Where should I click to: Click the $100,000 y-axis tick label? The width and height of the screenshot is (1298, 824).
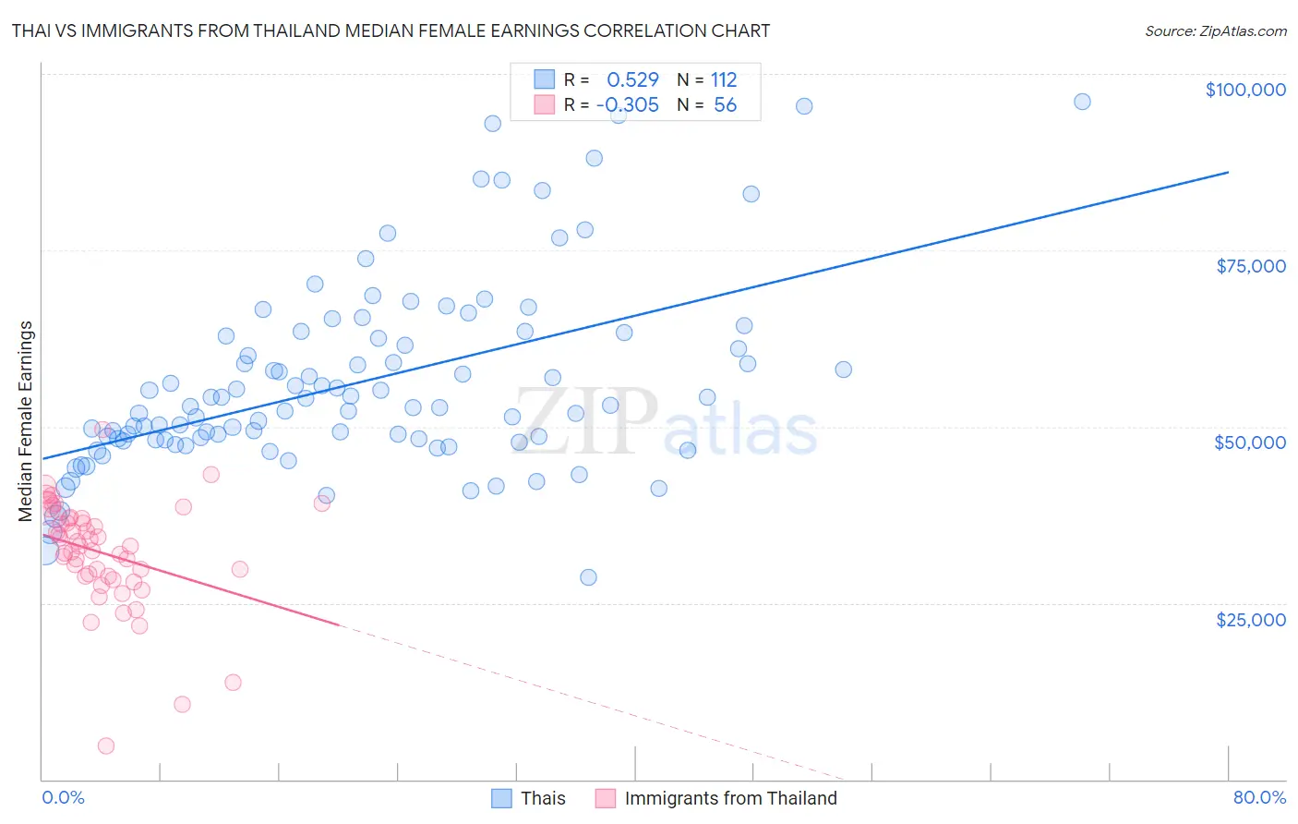pos(1244,90)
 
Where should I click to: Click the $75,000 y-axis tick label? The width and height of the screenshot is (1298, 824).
pos(1250,266)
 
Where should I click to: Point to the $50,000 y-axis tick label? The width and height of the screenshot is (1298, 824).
pos(1249,442)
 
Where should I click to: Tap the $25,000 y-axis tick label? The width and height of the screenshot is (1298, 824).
pos(1250,619)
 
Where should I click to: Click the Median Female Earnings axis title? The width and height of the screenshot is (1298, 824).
pos(26,421)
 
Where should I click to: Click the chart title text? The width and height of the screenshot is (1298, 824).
pos(391,30)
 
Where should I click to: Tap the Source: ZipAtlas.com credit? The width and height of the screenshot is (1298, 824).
pos(1215,30)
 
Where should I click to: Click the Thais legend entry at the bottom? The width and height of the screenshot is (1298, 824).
pos(542,798)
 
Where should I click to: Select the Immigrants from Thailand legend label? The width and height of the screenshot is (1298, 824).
pos(730,798)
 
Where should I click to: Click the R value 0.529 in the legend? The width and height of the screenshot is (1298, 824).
pos(632,79)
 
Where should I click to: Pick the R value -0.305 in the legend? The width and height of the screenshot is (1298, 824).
pos(628,104)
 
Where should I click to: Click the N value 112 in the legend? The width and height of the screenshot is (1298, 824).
pos(724,79)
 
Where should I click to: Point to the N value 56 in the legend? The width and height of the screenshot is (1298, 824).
pos(725,104)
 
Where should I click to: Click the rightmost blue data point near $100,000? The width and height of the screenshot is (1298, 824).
pos(1082,102)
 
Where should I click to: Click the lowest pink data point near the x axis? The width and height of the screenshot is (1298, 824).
pos(106,745)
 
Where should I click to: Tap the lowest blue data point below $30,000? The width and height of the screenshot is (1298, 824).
pos(588,577)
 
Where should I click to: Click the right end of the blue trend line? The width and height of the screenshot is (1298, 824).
pos(1228,172)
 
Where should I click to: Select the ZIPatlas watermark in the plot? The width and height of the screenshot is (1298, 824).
pos(665,423)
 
